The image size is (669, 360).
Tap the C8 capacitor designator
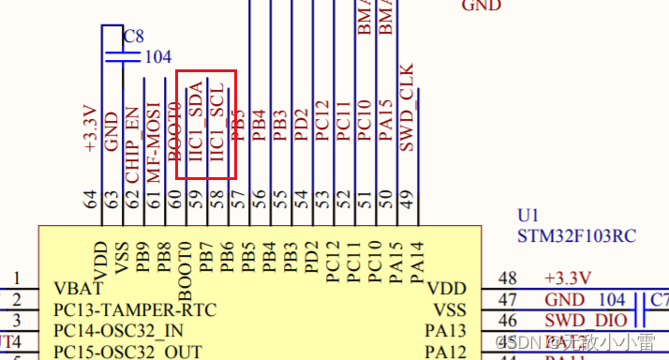[134, 37]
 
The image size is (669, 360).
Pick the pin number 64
[91, 199]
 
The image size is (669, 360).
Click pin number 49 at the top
[407, 199]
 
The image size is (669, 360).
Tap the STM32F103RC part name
[577, 236]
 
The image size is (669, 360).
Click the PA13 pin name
[445, 330]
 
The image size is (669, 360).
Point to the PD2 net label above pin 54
[301, 125]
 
